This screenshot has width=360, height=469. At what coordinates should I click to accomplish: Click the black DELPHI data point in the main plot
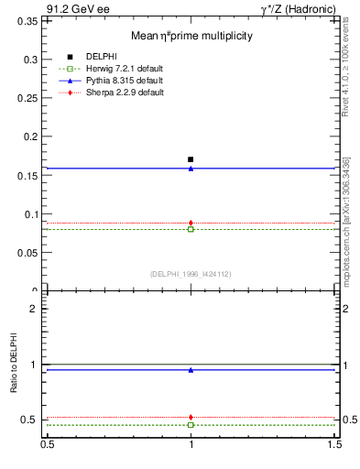(191, 159)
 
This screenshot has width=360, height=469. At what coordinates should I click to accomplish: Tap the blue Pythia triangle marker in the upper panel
(191, 169)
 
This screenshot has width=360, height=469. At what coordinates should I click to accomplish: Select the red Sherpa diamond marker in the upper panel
(191, 223)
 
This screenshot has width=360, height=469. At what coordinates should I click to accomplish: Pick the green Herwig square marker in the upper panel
(191, 229)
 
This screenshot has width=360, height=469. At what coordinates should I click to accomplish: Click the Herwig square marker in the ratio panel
(191, 425)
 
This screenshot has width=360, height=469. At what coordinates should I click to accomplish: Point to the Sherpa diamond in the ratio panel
(191, 417)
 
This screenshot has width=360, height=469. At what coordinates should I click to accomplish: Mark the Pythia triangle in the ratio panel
(191, 370)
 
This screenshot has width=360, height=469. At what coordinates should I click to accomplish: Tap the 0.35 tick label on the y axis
(28, 20)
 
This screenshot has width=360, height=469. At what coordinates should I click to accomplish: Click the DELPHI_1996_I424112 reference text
(191, 273)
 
